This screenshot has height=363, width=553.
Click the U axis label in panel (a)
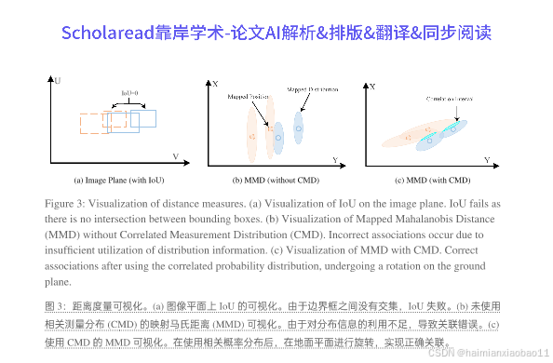pos(58,82)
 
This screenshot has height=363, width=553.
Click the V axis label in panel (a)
pos(174,155)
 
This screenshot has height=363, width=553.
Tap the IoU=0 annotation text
pos(129,93)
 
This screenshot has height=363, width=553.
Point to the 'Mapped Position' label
pos(250,96)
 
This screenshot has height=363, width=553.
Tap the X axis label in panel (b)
pos(214,85)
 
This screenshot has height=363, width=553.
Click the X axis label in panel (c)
pos(372,86)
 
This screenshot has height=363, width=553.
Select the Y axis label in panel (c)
pos(488,160)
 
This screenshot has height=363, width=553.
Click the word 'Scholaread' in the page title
pos(105,33)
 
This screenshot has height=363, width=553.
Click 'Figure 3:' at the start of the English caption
pos(65,203)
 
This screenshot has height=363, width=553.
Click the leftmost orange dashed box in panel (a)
pos(94,125)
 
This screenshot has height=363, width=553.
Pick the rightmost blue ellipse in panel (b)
pos(299,128)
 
